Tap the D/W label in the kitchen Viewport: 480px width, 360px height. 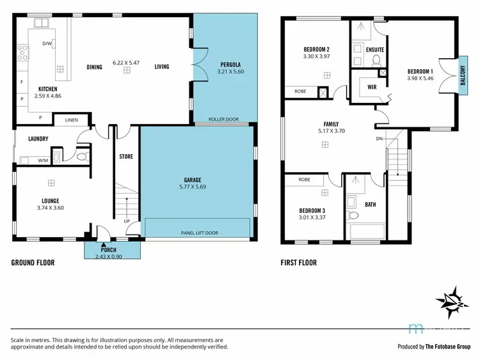(47, 43)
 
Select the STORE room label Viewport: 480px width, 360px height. (126, 156)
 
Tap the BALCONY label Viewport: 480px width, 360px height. (461, 75)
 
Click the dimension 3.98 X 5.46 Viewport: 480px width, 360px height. (420, 79)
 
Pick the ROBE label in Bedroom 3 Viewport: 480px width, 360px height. (305, 180)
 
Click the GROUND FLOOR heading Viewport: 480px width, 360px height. (33, 262)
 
